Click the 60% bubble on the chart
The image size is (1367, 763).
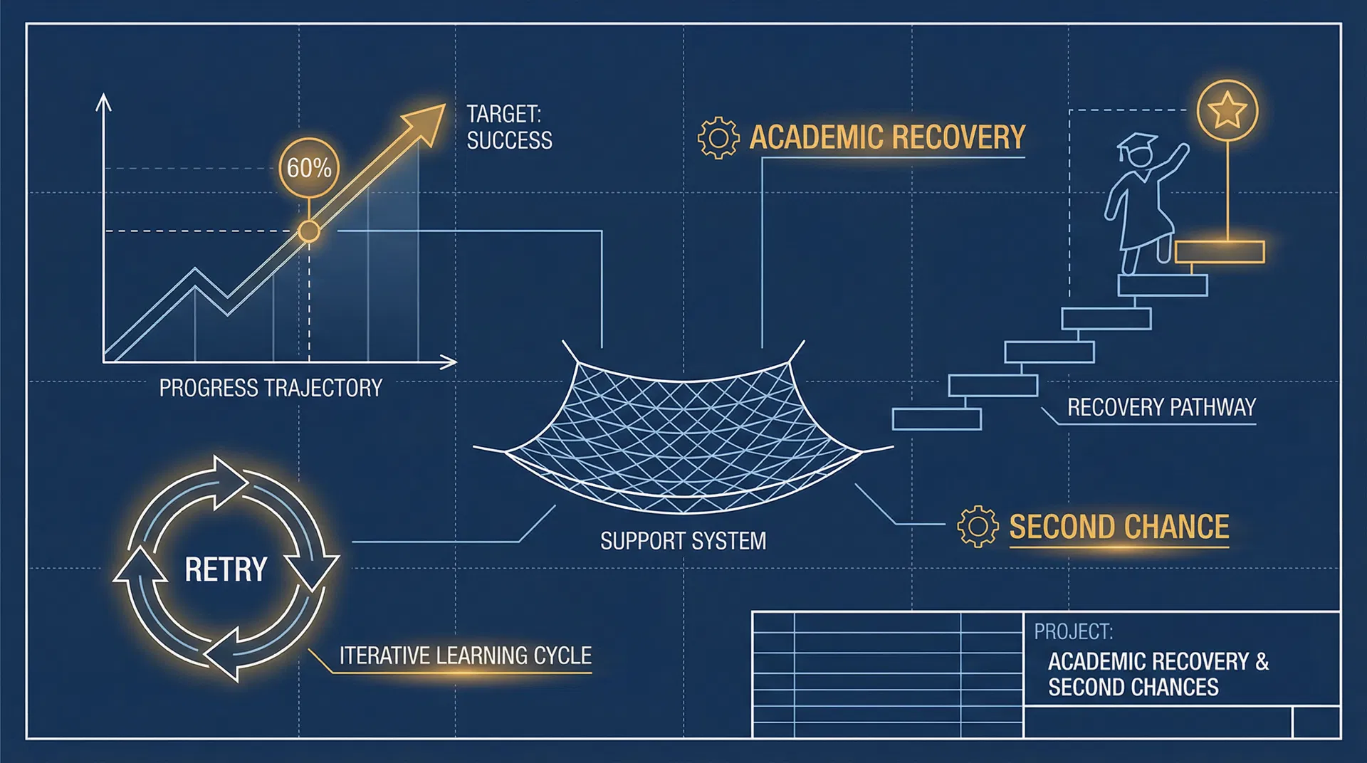309,168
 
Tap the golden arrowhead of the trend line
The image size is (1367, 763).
425,122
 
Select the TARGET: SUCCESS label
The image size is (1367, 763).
509,127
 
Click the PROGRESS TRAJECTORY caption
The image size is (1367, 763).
271,388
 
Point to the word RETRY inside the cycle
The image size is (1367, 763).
226,569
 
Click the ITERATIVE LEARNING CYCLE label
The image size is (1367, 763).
465,656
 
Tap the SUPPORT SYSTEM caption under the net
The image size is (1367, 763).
683,541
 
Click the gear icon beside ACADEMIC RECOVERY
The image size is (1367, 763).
718,137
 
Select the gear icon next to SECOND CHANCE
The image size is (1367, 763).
978,527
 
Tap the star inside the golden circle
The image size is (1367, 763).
1227,111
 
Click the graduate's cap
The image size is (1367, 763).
1137,144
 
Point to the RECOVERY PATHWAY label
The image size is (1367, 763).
1161,407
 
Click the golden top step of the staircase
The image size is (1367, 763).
1219,252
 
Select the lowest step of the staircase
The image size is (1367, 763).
936,419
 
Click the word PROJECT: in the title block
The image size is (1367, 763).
1073,631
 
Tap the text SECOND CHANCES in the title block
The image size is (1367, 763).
1133,688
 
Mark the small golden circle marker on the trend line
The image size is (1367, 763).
309,231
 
